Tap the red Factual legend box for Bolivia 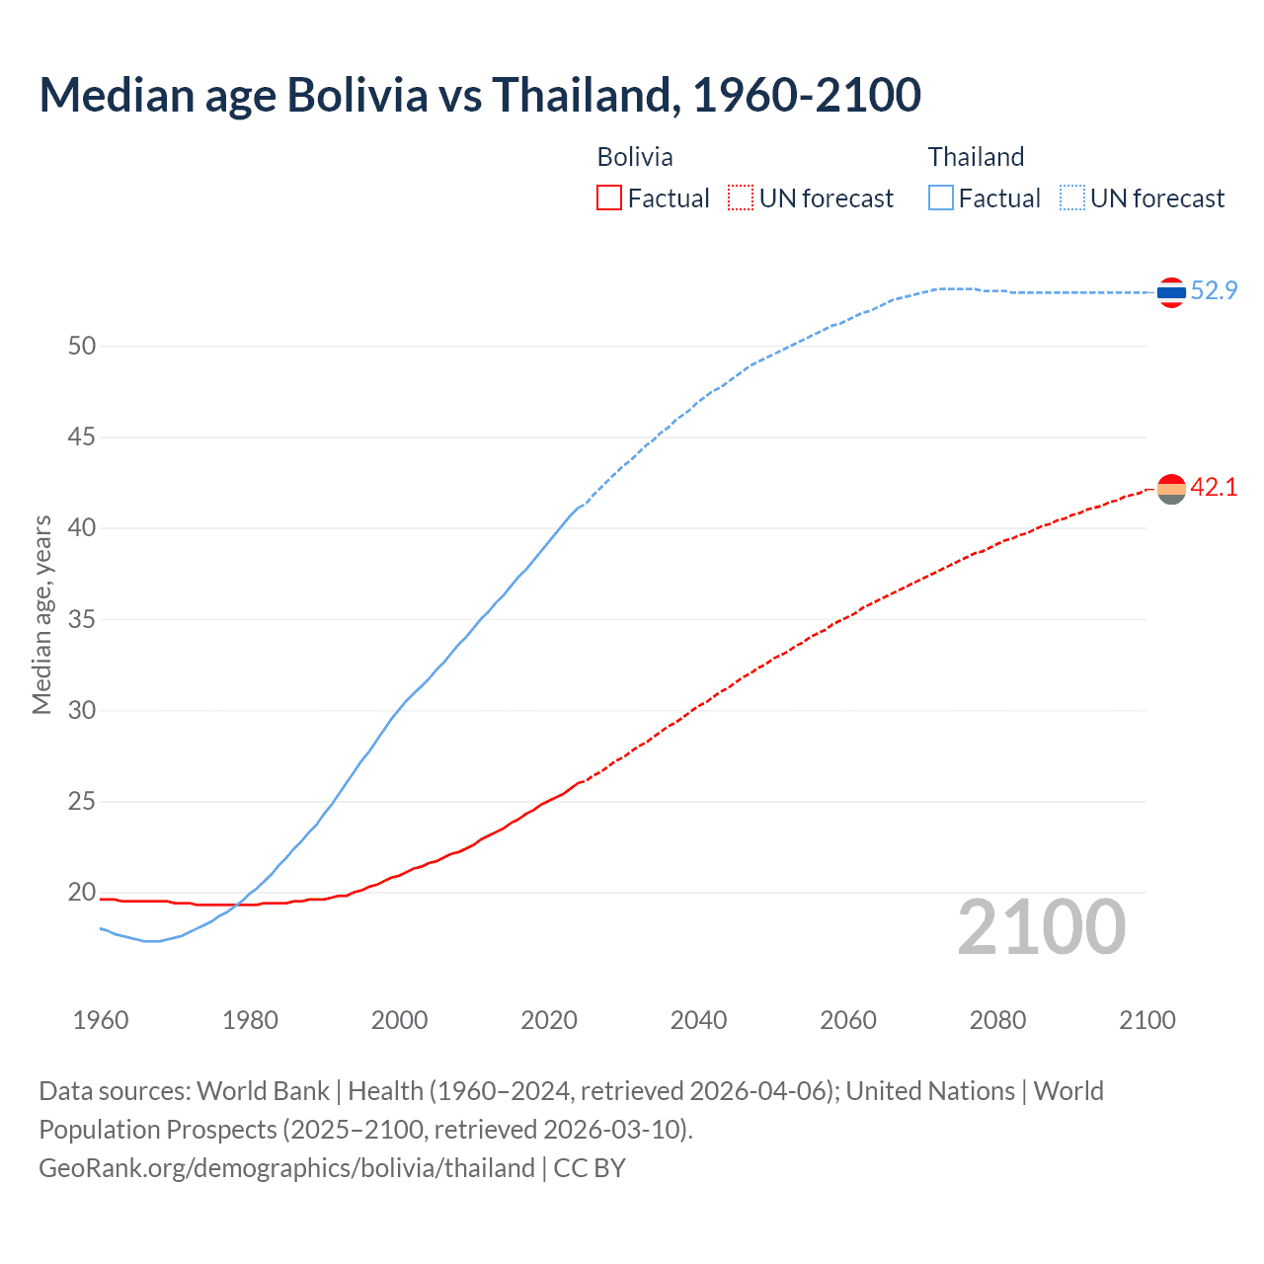tap(609, 198)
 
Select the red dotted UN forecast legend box tap(741, 198)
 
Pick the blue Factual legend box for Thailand tap(941, 198)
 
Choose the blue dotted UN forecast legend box tap(1071, 198)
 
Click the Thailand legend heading tap(976, 157)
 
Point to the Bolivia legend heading tap(635, 157)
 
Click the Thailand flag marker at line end tap(1171, 292)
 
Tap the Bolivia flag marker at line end tap(1171, 489)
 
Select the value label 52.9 tap(1214, 290)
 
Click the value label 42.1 tap(1214, 487)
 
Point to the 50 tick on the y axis tap(82, 346)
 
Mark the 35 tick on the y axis tap(82, 619)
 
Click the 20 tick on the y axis tap(82, 892)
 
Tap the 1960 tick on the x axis tap(101, 1020)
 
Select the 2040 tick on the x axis tap(698, 1020)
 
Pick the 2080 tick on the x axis tap(997, 1020)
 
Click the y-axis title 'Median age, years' tap(41, 614)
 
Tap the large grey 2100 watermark tap(1041, 926)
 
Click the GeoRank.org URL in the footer tap(286, 1168)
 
